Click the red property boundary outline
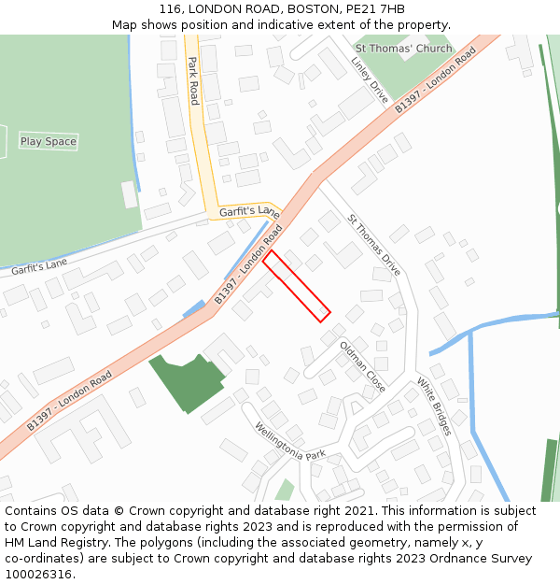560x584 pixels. (297, 286)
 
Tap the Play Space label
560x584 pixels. (49, 142)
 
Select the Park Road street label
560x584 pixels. (193, 80)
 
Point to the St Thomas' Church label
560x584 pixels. (403, 49)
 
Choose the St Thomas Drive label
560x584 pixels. (373, 245)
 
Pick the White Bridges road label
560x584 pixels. (434, 406)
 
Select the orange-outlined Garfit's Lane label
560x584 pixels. (249, 212)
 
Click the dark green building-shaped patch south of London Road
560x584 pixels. (188, 381)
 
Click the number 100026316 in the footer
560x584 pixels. (39, 575)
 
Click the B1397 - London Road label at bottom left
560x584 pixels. (70, 400)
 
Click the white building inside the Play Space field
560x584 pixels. (130, 194)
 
